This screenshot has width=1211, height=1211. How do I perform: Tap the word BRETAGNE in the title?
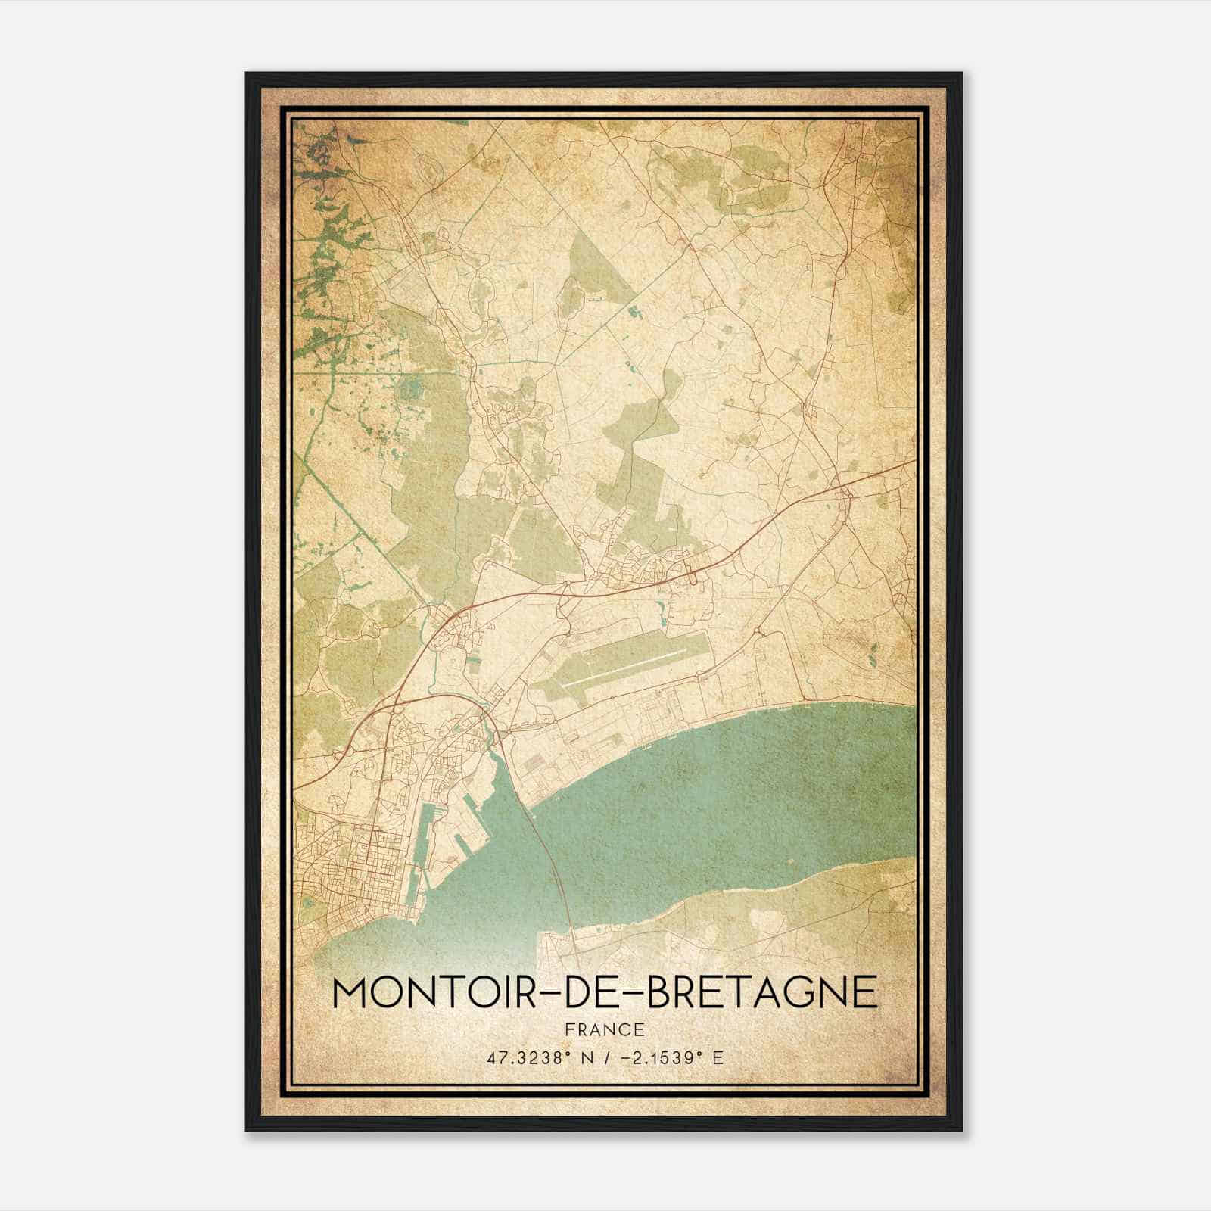point(764,992)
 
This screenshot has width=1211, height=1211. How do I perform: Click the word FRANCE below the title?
point(604,1029)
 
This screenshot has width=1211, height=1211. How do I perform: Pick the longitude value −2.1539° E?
point(671,1057)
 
